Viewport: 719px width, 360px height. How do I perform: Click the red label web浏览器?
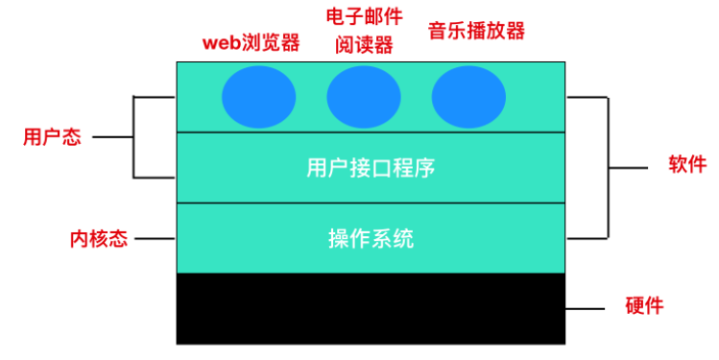click(x=251, y=43)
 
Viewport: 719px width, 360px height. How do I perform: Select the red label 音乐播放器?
click(x=477, y=30)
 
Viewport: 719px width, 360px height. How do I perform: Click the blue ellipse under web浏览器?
click(x=258, y=98)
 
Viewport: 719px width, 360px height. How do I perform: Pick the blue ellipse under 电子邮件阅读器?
click(x=364, y=98)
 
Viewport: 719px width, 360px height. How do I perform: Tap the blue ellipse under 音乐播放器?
click(x=468, y=98)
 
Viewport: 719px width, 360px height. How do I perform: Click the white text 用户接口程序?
click(x=371, y=168)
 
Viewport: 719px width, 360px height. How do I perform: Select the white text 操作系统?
click(x=371, y=238)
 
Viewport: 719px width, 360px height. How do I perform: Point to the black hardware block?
click(x=371, y=308)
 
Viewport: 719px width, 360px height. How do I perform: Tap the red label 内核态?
click(x=98, y=238)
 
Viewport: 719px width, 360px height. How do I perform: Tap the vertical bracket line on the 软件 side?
click(x=609, y=166)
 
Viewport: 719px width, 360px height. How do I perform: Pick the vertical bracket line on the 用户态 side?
click(x=133, y=137)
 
